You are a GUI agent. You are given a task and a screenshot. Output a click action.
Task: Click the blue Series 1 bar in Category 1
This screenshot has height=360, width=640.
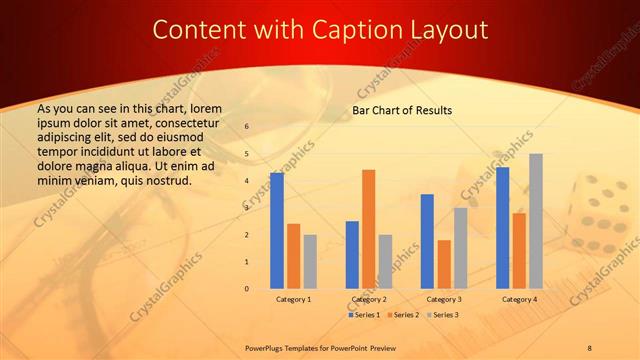277,231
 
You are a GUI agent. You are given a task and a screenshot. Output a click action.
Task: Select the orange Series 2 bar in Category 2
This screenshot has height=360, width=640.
369,229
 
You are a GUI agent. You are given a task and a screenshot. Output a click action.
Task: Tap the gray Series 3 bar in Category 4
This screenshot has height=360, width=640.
536,221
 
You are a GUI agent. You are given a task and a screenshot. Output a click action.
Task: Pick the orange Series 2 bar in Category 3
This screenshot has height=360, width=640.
444,264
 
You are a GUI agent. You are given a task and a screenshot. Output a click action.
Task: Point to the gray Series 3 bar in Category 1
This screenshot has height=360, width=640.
310,262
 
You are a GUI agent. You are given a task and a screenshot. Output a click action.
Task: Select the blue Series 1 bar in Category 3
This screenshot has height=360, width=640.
427,241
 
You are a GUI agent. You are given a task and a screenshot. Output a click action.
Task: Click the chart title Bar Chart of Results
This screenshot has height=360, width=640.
402,110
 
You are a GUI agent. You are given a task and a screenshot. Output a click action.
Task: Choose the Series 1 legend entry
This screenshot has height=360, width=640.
365,315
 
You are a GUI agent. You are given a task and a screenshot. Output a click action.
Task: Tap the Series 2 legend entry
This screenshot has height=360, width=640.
403,315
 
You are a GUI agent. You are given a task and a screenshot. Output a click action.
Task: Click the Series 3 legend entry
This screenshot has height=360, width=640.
441,315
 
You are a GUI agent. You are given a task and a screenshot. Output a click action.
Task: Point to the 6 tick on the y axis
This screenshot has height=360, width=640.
246,127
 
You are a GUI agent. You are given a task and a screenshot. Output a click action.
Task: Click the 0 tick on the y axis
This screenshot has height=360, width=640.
246,289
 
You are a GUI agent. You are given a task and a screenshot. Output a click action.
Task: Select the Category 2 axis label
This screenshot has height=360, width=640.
368,299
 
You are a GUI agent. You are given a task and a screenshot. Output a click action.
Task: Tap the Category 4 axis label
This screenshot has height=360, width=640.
519,299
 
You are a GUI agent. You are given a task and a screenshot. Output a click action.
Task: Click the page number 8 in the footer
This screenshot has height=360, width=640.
589,347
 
